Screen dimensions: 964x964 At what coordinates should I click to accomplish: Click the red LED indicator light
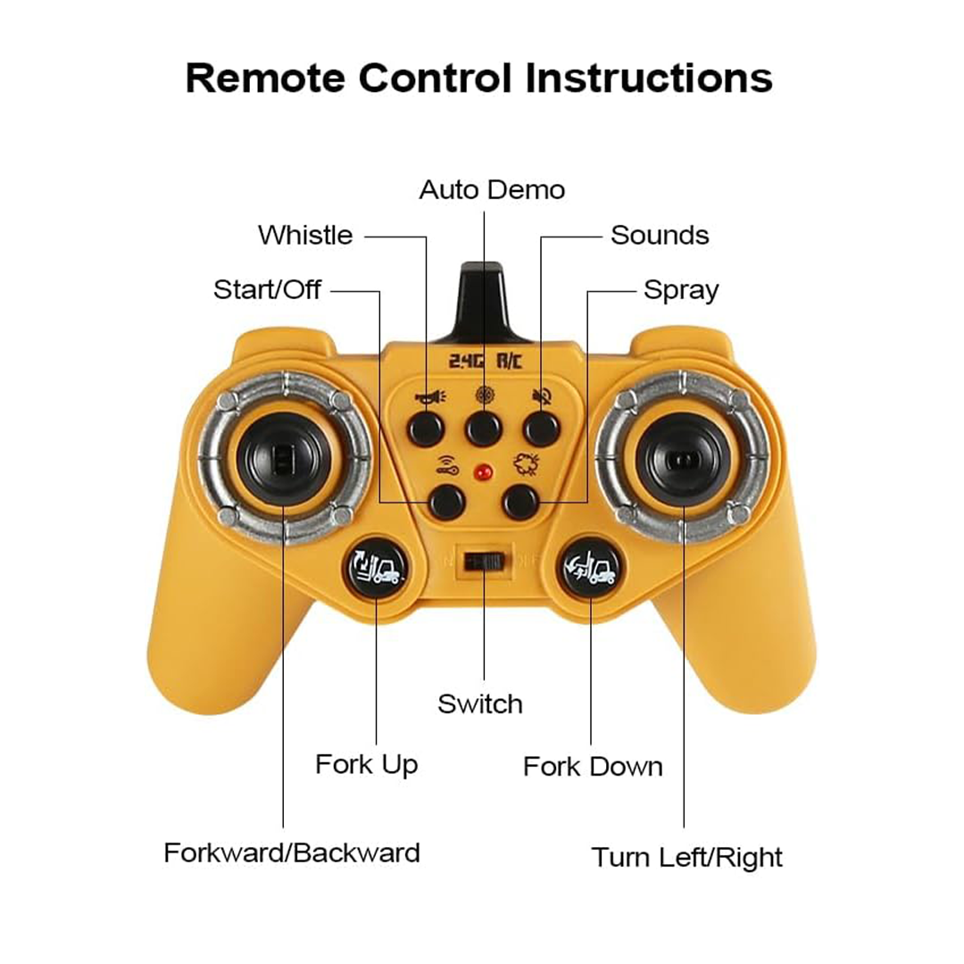point(483,472)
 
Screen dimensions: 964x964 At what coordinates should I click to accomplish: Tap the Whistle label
point(305,236)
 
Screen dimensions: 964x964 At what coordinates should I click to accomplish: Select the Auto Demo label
point(492,190)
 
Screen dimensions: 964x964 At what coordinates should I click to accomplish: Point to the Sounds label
point(660,236)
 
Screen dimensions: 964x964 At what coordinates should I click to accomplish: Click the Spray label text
point(681,290)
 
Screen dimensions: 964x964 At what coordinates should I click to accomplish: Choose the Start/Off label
point(267,289)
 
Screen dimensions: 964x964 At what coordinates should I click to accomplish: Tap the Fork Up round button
point(376,568)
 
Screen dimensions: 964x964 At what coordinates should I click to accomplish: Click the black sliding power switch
point(485,561)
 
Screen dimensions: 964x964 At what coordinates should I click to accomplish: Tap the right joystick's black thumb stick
point(683,460)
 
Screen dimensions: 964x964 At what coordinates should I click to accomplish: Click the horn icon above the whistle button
point(429,397)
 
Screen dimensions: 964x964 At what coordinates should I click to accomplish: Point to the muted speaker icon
point(542,396)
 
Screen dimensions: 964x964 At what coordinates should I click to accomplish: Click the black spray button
point(520,501)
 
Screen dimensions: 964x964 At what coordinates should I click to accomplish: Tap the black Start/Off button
point(446,501)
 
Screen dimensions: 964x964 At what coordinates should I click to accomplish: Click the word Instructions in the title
point(649,78)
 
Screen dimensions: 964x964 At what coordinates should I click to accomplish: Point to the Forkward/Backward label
point(292,853)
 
